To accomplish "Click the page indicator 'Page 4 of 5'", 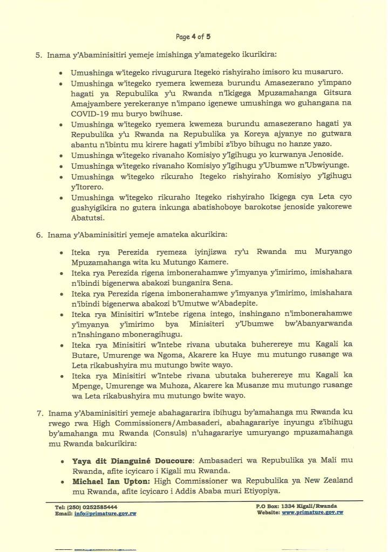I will (193, 37).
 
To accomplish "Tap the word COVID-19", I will (90, 114).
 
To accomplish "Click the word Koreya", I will (276, 134).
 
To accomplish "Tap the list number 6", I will (39, 235).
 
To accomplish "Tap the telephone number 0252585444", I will (96, 507).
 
